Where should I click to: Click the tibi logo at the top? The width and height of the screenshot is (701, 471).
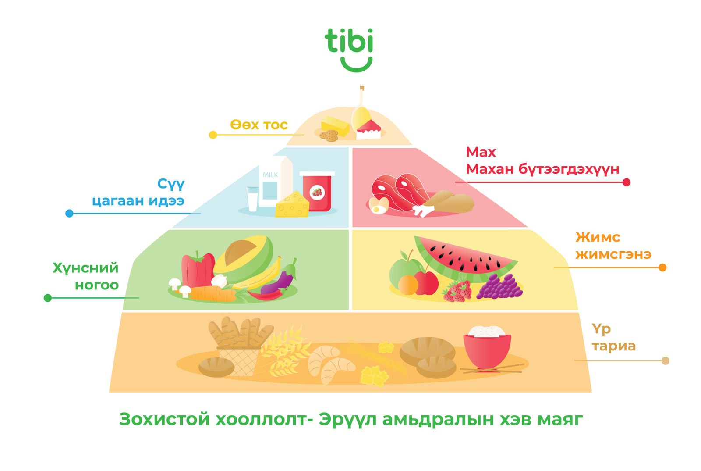349,49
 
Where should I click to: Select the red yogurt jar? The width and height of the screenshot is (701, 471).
317,192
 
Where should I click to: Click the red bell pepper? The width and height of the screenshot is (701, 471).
197,268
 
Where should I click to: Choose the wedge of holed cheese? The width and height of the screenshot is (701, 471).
292,205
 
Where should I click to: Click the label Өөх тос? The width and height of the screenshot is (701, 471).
259,125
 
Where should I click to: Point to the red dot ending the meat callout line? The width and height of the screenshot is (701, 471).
627,182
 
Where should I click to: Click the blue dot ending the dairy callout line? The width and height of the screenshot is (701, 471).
69,214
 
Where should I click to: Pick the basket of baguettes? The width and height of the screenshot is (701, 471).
238,344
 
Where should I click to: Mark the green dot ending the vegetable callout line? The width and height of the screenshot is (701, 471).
48,298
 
